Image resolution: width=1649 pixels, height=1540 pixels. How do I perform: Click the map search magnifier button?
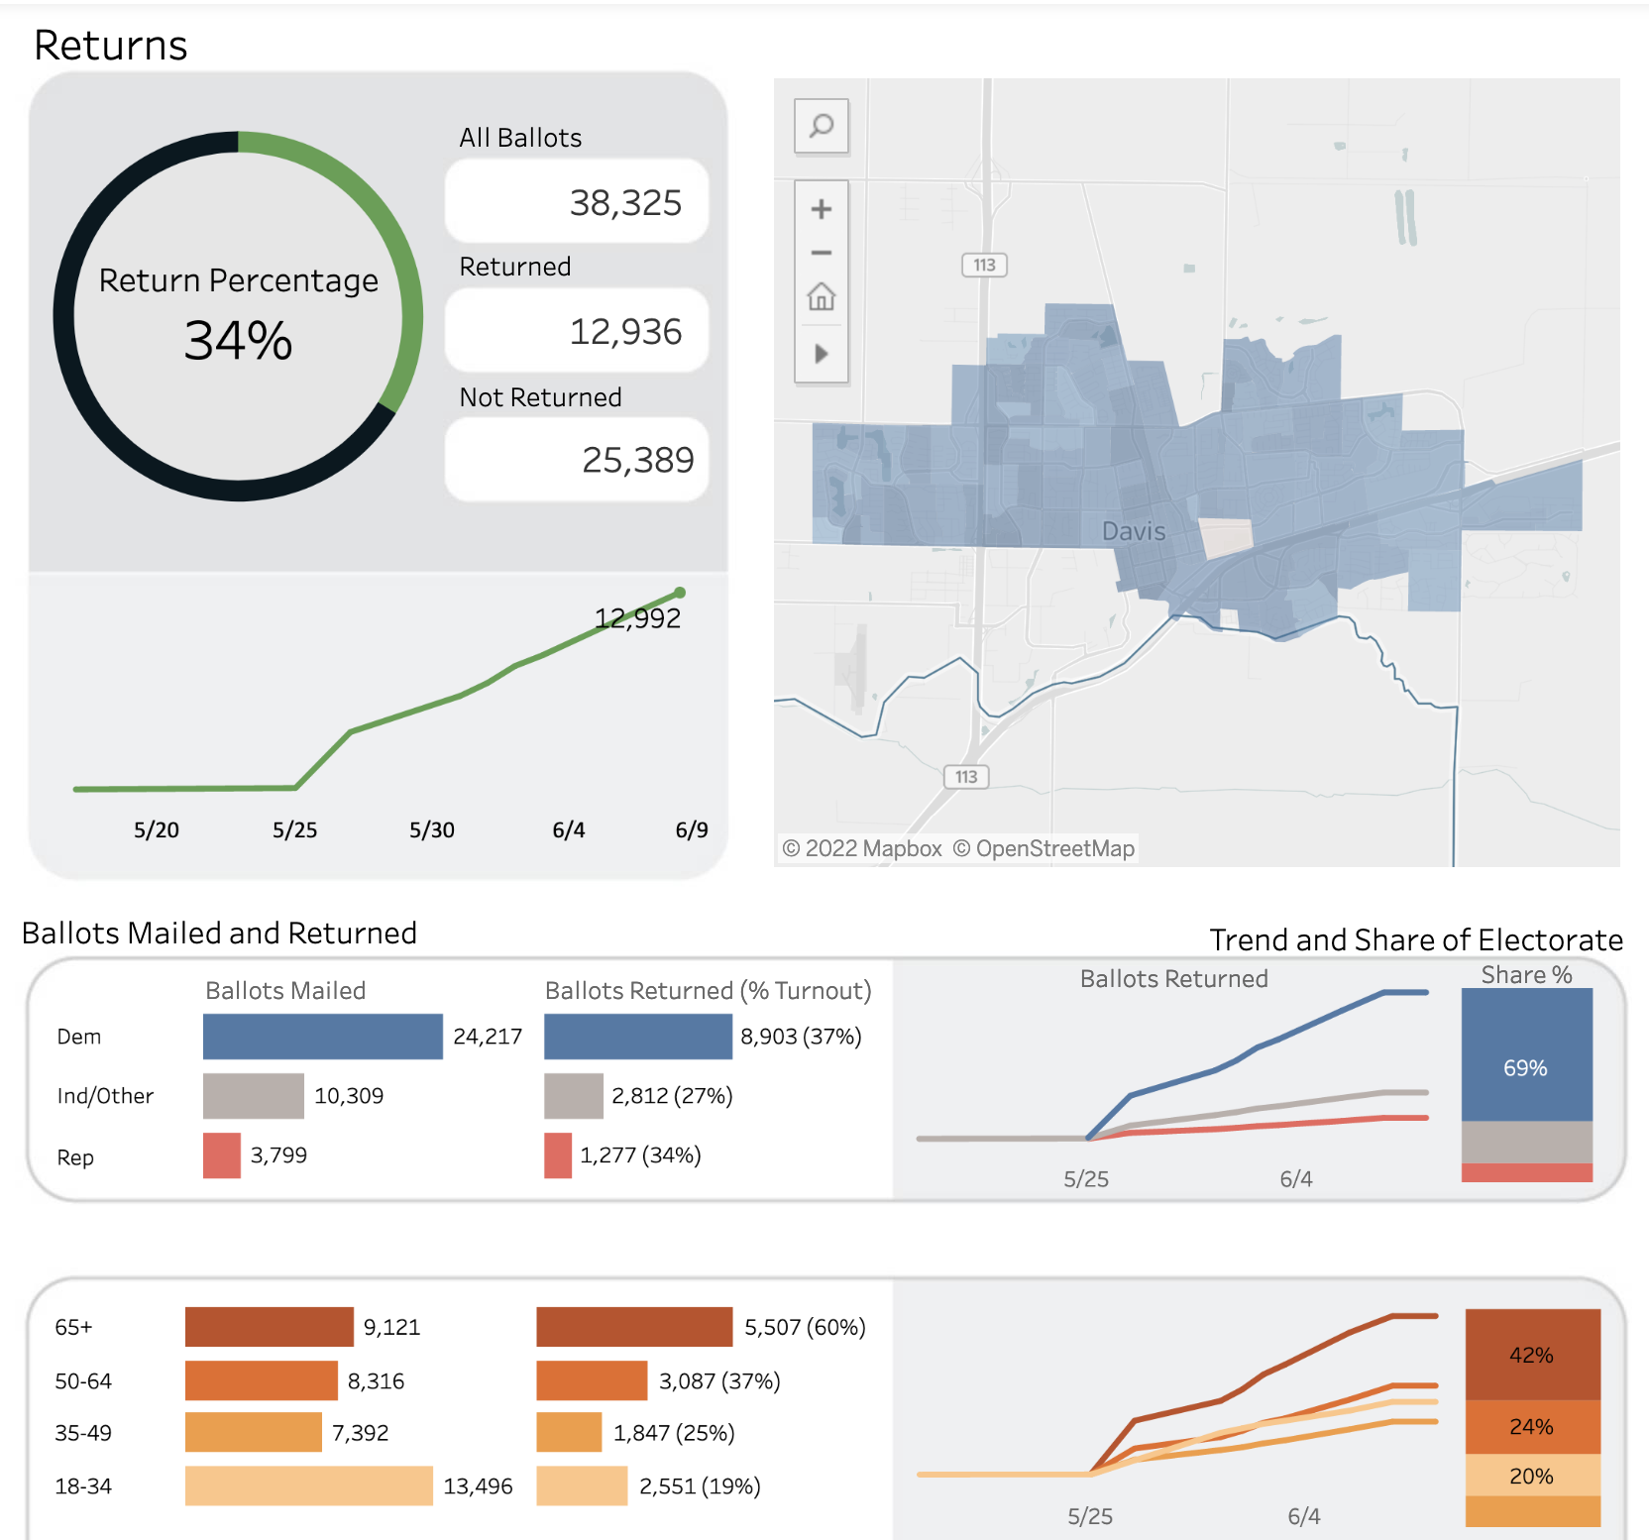(x=822, y=126)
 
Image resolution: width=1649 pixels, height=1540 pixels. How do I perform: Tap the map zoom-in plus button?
(x=822, y=209)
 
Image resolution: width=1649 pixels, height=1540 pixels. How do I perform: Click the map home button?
(x=822, y=296)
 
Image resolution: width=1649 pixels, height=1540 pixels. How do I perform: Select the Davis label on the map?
(x=1134, y=531)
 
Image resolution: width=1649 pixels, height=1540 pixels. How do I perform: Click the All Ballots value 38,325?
(x=625, y=203)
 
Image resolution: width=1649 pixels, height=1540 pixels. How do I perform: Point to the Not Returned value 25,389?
(x=637, y=460)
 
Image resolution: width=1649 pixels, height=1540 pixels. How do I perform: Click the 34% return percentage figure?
(x=238, y=341)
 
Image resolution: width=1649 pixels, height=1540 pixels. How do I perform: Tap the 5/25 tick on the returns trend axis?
(x=294, y=830)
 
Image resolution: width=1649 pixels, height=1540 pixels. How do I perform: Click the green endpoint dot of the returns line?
(x=680, y=593)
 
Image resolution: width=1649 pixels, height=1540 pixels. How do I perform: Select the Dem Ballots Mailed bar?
(x=322, y=1037)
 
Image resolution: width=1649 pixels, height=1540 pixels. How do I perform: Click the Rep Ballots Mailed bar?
(x=222, y=1155)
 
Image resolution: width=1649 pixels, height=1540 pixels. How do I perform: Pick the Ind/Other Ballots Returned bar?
(x=574, y=1096)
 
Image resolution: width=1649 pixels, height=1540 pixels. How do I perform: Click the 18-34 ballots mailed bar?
(x=308, y=1485)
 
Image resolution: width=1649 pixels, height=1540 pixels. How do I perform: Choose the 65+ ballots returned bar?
(x=634, y=1327)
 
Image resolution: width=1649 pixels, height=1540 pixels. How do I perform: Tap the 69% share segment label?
(x=1525, y=1068)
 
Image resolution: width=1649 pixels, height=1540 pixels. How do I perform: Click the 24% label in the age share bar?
(x=1531, y=1427)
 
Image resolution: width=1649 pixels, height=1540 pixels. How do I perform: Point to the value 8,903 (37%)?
(x=801, y=1037)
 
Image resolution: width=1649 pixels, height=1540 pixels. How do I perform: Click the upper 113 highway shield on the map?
(x=984, y=266)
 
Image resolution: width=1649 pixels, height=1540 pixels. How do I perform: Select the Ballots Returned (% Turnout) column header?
(x=708, y=991)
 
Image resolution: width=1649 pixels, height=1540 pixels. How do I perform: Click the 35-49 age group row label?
(x=83, y=1433)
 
